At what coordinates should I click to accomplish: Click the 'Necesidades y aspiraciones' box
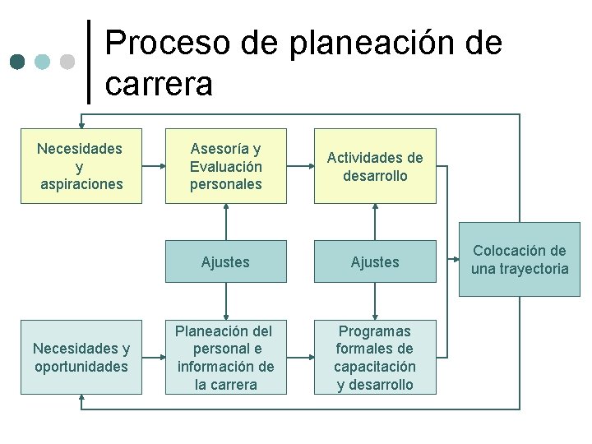81,165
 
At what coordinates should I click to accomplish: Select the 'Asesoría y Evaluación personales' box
225,165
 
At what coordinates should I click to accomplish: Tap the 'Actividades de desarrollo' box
375,165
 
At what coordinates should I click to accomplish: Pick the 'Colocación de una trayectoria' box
519,259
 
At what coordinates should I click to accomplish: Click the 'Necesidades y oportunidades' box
81,357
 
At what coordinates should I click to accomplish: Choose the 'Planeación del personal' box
225,357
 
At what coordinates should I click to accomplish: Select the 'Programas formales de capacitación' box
375,357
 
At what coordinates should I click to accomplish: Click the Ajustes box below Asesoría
225,261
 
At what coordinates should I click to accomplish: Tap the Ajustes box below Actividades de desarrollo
375,261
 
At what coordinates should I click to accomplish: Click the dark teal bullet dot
19,62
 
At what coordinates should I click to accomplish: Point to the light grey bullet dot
68,62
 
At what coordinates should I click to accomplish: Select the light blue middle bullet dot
44,62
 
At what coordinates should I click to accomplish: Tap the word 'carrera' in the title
159,83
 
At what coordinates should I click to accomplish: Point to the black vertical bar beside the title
89,62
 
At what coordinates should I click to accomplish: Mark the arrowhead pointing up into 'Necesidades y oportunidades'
81,399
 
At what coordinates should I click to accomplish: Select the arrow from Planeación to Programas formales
301,357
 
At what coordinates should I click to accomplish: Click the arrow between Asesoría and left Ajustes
225,222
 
